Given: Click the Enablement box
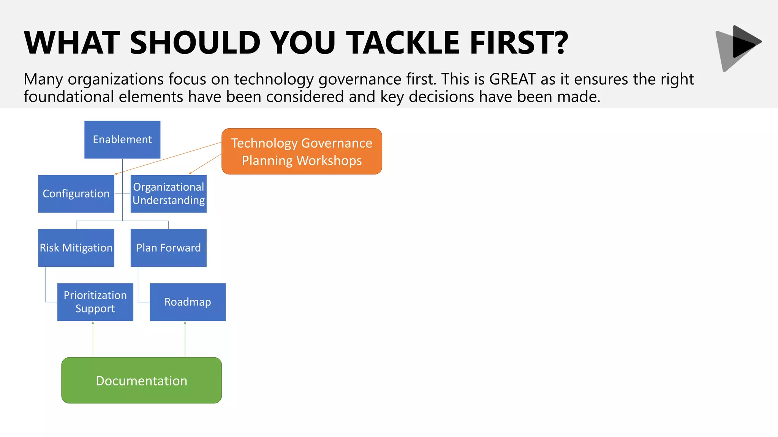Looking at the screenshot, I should (122, 140).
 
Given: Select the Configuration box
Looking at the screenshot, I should (76, 194).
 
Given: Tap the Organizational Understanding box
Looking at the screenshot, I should (168, 194).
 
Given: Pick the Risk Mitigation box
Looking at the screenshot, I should (76, 248).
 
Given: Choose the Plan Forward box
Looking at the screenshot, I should (168, 248).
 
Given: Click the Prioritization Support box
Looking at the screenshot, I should (95, 302).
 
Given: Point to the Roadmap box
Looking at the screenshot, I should (187, 302).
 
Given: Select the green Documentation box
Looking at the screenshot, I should (141, 380).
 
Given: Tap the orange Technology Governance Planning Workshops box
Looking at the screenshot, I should (302, 151).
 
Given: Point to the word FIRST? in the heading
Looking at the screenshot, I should (519, 42).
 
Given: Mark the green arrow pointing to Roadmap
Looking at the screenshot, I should (185, 340).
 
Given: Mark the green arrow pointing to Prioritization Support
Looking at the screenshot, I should (93, 340).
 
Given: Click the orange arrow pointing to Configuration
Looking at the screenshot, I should (167, 159).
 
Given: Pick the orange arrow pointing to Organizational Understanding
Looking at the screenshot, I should (205, 164).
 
